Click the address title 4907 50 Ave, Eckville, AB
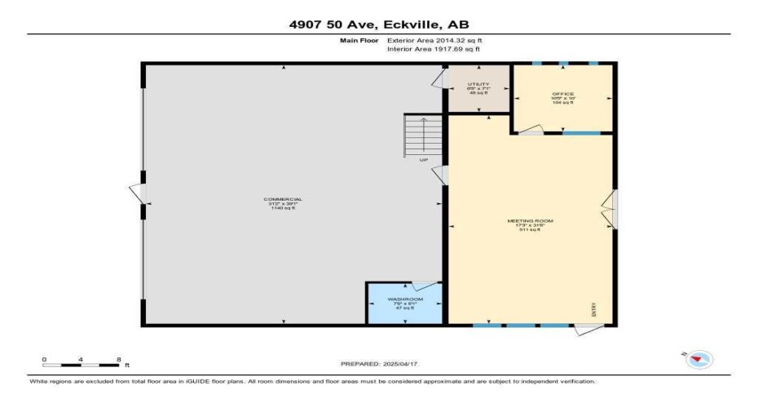click(x=378, y=24)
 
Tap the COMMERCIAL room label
click(x=283, y=200)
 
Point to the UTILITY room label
click(x=478, y=84)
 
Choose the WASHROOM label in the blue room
click(x=403, y=299)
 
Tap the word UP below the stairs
click(x=424, y=160)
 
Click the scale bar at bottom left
click(x=82, y=365)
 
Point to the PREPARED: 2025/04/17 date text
click(x=378, y=363)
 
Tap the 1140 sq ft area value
click(x=283, y=209)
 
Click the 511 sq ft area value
click(x=531, y=230)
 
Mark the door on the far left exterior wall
click(x=138, y=194)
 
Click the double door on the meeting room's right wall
click(x=610, y=209)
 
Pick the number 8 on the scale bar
click(x=119, y=359)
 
